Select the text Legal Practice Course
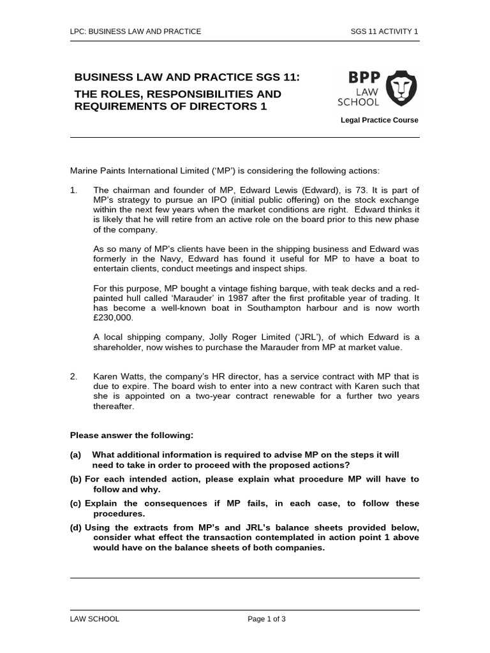coord(380,120)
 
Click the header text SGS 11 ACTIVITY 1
coord(385,31)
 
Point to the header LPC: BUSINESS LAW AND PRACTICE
coord(135,31)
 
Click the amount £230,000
coord(113,318)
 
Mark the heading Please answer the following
coord(131,435)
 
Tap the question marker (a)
coord(75,455)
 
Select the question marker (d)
coord(75,527)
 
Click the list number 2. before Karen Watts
coord(73,377)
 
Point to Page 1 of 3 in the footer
coord(267,619)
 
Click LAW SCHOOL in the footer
coord(94,619)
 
